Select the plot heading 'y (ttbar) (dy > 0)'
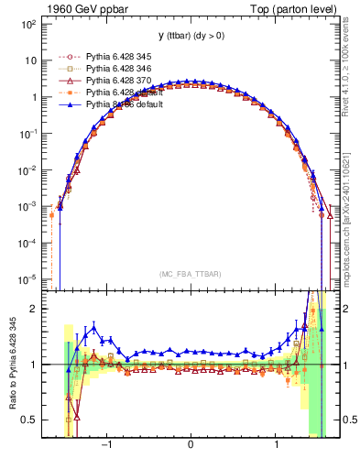pyautogui.click(x=190, y=36)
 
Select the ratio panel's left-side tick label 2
pyautogui.click(x=31, y=309)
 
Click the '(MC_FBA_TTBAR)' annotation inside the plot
pyautogui.click(x=190, y=274)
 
